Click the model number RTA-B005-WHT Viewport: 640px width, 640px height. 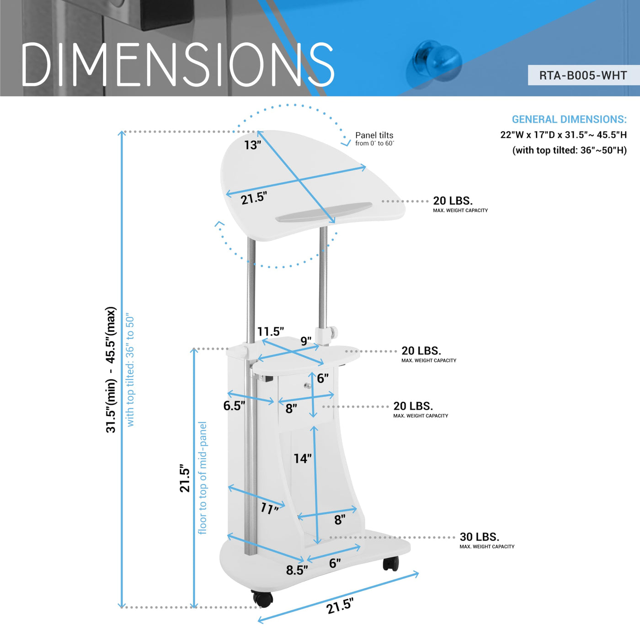(583, 75)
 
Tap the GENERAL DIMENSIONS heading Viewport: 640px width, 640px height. (569, 119)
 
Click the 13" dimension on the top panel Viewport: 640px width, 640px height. (253, 145)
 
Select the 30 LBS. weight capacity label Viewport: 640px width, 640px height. (479, 537)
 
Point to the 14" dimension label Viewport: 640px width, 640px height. (303, 459)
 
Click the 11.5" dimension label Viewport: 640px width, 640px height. (271, 331)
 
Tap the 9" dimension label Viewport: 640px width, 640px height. (306, 341)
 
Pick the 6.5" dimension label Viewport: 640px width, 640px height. (234, 405)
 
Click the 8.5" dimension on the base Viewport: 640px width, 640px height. (297, 570)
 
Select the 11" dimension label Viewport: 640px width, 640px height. (269, 509)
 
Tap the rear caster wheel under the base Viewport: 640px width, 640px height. (390, 563)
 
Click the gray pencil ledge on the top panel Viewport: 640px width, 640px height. (324, 212)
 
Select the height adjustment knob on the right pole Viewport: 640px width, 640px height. (333, 331)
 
